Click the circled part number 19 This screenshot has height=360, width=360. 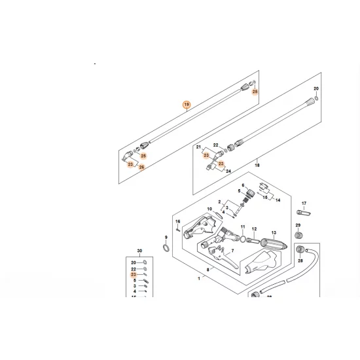click(187, 105)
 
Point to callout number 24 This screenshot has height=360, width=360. click(228, 171)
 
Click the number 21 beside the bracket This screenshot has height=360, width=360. click(199, 148)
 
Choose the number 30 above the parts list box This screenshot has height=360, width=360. click(139, 251)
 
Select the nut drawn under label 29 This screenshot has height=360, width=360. click(298, 234)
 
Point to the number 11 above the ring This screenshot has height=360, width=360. click(242, 226)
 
